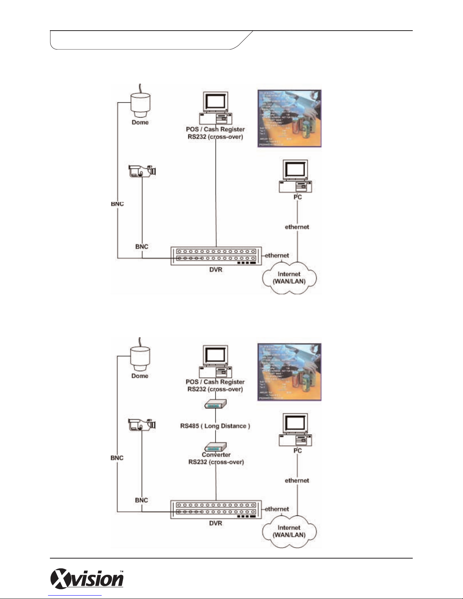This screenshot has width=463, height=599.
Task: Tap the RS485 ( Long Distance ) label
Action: point(215,426)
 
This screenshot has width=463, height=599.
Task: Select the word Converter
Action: point(216,455)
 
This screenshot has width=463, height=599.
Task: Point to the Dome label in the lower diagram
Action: point(140,376)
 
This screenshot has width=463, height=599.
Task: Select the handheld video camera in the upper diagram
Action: point(142,171)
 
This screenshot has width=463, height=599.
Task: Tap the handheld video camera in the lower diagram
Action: point(142,425)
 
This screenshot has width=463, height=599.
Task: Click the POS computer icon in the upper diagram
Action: point(215,108)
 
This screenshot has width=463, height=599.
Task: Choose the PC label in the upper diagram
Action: point(297,197)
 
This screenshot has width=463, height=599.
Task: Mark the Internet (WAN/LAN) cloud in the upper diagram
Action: point(289,277)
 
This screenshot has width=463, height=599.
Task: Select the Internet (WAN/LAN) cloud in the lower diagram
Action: point(289,531)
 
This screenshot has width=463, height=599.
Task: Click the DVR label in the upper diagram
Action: point(215,270)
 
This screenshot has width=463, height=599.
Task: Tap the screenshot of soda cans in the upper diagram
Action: point(289,118)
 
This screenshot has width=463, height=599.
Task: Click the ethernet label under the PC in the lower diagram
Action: point(297,480)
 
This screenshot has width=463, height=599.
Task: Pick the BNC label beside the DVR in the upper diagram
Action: point(142,246)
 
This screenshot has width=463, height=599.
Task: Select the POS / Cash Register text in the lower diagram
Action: point(215,382)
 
